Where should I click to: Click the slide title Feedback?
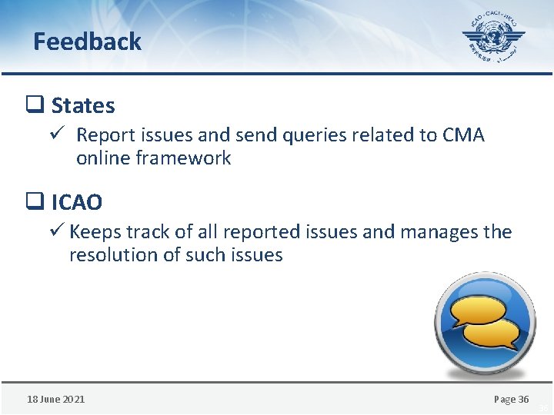point(87,41)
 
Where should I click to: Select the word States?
point(83,105)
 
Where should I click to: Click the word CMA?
point(463,135)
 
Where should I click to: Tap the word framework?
point(182,158)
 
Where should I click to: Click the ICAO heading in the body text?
point(76,203)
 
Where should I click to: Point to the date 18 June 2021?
point(56,399)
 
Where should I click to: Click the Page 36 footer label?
point(511,399)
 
